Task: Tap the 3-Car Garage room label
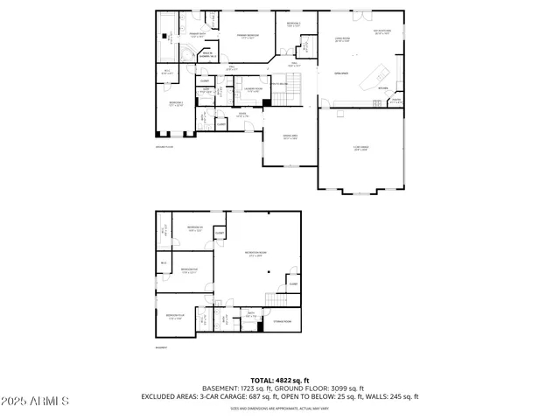tap(360, 148)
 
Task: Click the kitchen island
tap(377, 73)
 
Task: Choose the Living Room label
tap(342, 39)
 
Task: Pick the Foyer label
tap(242, 115)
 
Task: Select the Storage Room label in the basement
tap(282, 321)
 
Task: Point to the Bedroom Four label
tap(175, 315)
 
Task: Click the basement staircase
tap(279, 301)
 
